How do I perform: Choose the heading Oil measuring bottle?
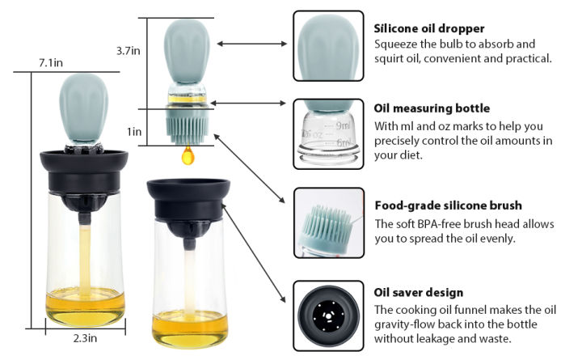click(432, 108)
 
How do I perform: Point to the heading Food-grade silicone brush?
click(448, 205)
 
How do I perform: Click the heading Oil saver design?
click(417, 292)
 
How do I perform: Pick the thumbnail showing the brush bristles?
click(327, 221)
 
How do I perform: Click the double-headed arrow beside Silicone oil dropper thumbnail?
click(251, 44)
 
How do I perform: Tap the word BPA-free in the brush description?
click(435, 223)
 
